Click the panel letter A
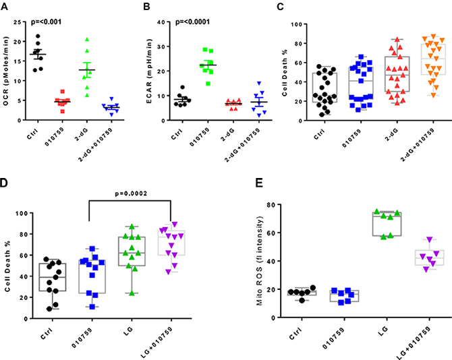[x=5, y=7]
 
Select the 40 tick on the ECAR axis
[x=163, y=21]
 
